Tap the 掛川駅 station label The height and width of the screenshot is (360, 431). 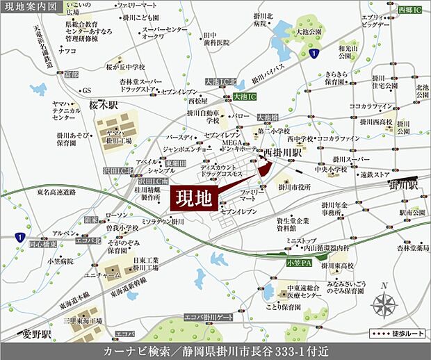[x=403, y=186]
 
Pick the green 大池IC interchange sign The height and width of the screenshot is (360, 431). [x=245, y=96]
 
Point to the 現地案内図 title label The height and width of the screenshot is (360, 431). [x=28, y=8]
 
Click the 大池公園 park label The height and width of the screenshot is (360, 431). [x=309, y=32]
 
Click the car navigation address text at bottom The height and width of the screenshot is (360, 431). [x=215, y=350]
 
